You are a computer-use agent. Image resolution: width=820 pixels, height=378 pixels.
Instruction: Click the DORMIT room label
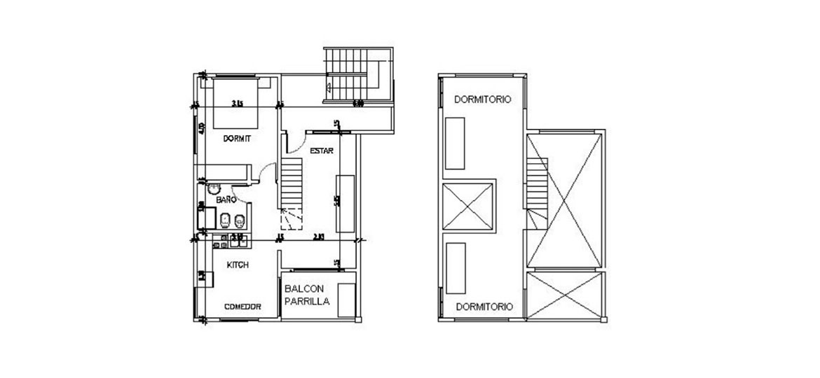(237, 139)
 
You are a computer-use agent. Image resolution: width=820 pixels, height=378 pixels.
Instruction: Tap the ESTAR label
(321, 150)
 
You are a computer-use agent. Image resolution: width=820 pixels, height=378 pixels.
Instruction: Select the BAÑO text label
(225, 199)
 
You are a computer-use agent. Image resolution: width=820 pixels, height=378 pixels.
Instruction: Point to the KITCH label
(238, 265)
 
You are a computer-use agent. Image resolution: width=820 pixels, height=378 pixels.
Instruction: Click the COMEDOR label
(242, 307)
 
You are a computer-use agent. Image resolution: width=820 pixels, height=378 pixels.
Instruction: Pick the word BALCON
(303, 288)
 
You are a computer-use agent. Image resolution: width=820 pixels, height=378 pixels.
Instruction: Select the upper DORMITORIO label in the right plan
(482, 99)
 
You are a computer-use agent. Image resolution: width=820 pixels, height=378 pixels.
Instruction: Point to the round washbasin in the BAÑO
(214, 188)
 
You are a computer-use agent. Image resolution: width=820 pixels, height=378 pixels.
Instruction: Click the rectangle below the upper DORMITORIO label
(456, 143)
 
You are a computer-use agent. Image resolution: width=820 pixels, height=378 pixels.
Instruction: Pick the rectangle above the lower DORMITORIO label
(456, 268)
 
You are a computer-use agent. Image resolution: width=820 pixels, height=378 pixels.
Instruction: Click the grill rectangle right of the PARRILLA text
(346, 300)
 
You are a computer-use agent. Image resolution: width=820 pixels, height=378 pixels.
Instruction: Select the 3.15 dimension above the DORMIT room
(237, 104)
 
